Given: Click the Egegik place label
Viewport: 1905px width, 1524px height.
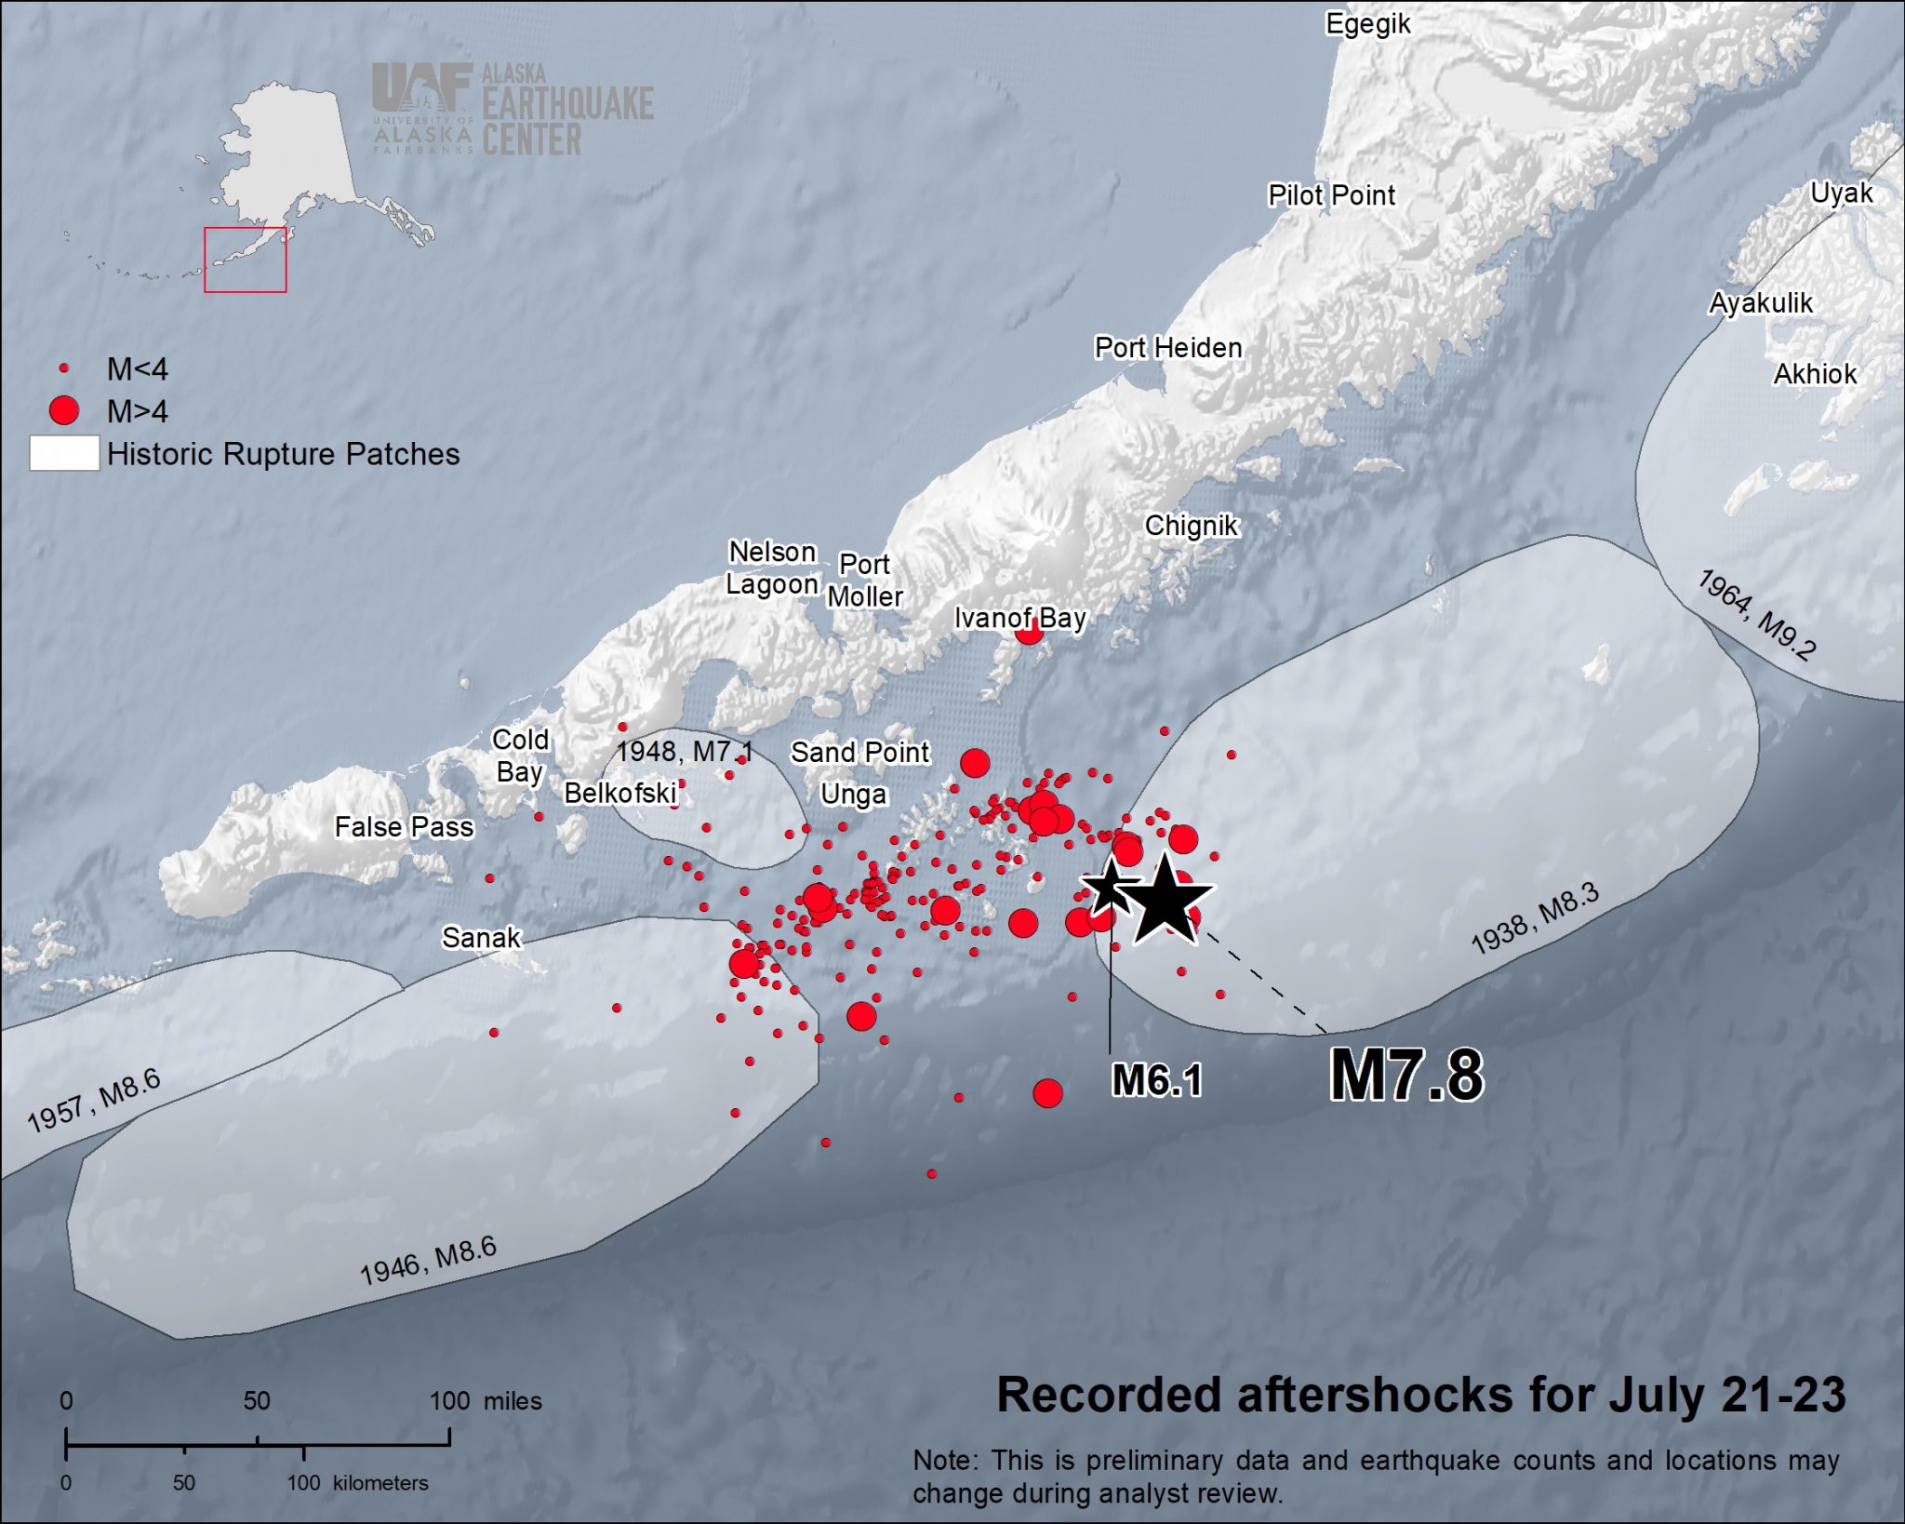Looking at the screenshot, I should point(1367,24).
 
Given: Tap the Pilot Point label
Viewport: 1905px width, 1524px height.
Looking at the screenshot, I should point(1331,195).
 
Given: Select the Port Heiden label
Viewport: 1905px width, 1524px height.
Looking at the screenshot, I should point(1167,348).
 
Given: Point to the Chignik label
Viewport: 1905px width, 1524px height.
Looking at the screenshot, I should point(1191,526).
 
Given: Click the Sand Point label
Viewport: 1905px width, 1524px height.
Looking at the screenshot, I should point(859,752).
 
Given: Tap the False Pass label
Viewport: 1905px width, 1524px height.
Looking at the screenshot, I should point(404,826).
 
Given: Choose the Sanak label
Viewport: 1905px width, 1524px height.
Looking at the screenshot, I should point(481,937).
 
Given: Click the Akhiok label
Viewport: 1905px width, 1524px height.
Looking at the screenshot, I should point(1814,374).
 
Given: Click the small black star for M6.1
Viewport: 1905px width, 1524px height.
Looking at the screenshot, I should point(1109,886).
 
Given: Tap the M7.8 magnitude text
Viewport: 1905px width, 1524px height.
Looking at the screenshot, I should point(1405,1075).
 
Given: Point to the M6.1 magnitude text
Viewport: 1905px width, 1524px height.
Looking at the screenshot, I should point(1157,1080).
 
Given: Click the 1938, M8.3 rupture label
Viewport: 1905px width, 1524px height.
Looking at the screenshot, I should point(1534,918).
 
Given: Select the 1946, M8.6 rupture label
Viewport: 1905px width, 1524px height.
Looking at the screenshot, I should point(428,1261).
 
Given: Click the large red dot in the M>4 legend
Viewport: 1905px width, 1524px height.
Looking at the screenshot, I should point(64,410).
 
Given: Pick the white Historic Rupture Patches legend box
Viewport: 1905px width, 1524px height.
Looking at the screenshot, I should point(64,453).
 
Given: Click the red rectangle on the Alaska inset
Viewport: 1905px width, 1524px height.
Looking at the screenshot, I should point(245,260).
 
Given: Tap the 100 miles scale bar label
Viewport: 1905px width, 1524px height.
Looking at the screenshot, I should point(485,1400).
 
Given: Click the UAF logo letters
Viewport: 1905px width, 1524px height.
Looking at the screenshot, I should point(420,87).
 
